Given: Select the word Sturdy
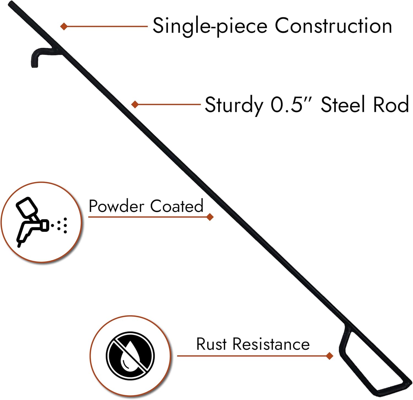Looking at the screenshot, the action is tap(234, 105).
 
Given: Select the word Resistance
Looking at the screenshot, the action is tap(271, 344).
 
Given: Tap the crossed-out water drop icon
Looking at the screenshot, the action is tap(130, 356).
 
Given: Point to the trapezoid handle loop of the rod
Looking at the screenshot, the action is tap(372, 360).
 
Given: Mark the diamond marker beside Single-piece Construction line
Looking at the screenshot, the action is tap(64, 26).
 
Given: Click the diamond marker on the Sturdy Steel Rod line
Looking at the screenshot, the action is tap(135, 104).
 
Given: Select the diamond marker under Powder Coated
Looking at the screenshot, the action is tap(210, 217).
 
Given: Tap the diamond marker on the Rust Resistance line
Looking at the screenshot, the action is tap(329, 356).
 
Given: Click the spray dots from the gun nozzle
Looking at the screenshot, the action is tap(62, 225).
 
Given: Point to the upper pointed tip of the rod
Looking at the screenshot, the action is tap(10, 4).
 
